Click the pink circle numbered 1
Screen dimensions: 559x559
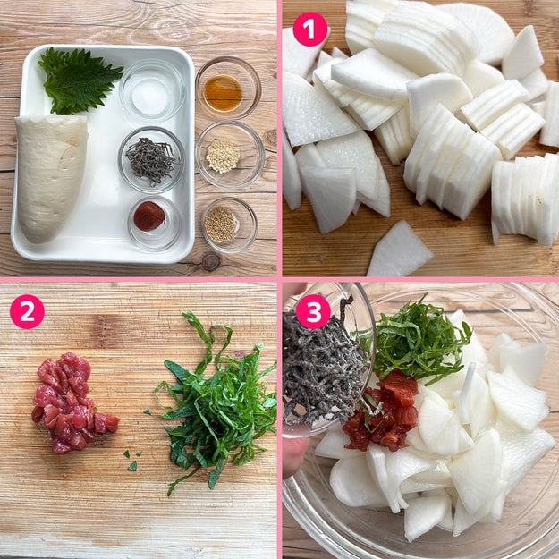click(x=310, y=30)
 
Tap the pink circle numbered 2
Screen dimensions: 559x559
click(x=27, y=311)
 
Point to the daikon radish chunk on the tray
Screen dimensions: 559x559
click(x=51, y=178)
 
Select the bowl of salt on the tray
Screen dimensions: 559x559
click(x=152, y=92)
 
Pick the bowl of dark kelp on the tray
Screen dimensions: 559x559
click(x=151, y=160)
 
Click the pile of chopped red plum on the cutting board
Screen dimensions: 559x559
click(x=72, y=402)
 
